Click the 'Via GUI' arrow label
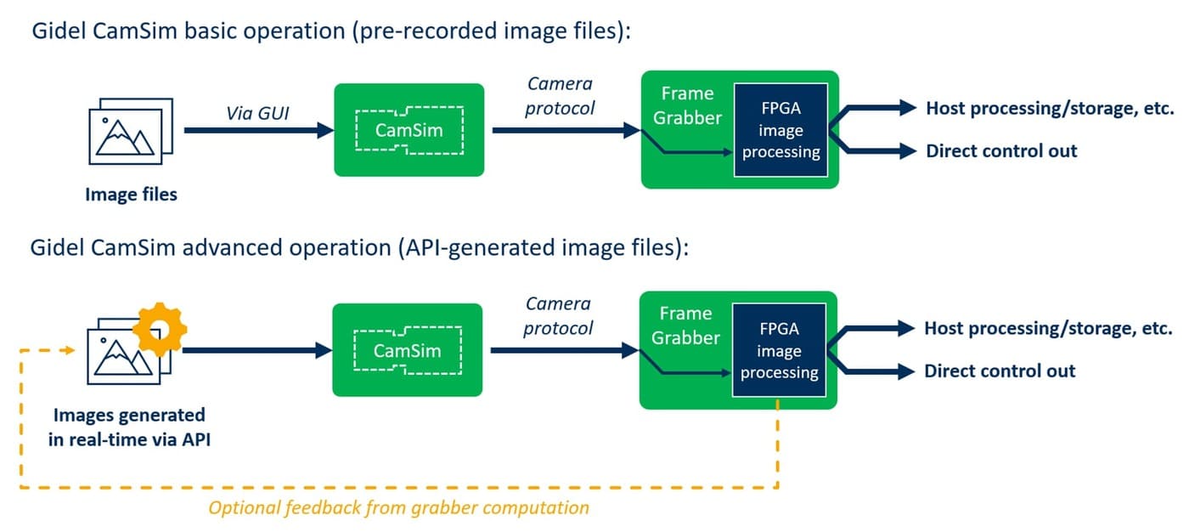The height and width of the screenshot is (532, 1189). tap(258, 111)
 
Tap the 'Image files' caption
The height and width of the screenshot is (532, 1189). tap(131, 195)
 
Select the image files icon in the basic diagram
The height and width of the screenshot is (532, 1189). tap(130, 133)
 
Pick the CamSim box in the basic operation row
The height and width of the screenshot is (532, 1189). tap(409, 130)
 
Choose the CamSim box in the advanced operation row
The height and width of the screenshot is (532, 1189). tap(407, 350)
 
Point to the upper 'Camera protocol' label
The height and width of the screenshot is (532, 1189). tap(561, 95)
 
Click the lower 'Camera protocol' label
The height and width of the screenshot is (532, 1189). tap(559, 315)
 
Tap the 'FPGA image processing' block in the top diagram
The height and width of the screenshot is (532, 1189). tap(780, 130)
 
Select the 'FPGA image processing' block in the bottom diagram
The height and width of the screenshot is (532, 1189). tap(779, 350)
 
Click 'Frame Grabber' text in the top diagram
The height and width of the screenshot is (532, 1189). tap(686, 105)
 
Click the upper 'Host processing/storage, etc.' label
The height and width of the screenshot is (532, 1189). tap(1049, 108)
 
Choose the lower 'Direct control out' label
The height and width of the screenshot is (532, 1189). tap(1000, 371)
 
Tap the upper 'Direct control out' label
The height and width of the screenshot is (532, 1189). tap(1001, 151)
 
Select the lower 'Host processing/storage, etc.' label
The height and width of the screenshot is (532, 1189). tap(1048, 328)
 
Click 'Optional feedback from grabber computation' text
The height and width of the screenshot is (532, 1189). tap(398, 508)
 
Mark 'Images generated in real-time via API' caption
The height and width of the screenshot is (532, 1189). tap(129, 427)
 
